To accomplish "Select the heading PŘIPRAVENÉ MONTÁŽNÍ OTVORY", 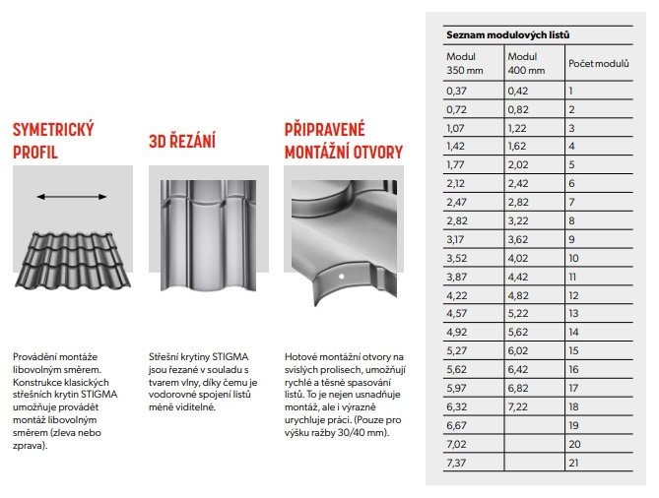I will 342,141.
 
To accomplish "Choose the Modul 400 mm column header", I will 526,63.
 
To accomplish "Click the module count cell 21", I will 573,463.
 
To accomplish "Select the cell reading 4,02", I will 518,258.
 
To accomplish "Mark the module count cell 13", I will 573,313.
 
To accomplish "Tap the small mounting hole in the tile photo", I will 340,281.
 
